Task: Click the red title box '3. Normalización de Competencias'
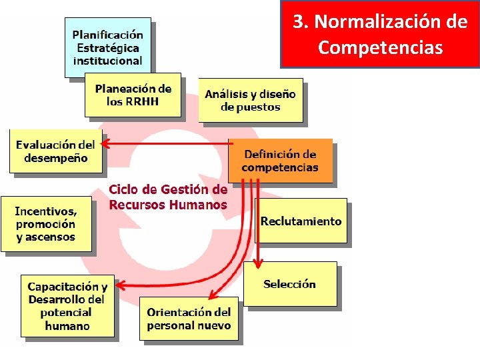pos(380,34)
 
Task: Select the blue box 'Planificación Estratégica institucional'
pos(107,47)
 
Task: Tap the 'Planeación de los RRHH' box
pos(133,95)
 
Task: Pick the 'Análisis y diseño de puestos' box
pos(251,101)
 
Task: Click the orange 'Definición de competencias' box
pos(280,161)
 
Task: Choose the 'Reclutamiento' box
pos(301,221)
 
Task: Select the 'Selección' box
pos(289,285)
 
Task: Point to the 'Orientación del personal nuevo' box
pos(189,319)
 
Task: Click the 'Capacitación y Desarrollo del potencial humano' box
pos(67,306)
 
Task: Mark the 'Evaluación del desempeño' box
pos(56,151)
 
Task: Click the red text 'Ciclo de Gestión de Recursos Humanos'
pos(168,197)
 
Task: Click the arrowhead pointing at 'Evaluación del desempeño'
pos(106,142)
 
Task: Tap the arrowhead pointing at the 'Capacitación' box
pos(121,287)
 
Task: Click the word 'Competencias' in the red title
pos(380,48)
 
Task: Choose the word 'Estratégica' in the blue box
pos(107,47)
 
